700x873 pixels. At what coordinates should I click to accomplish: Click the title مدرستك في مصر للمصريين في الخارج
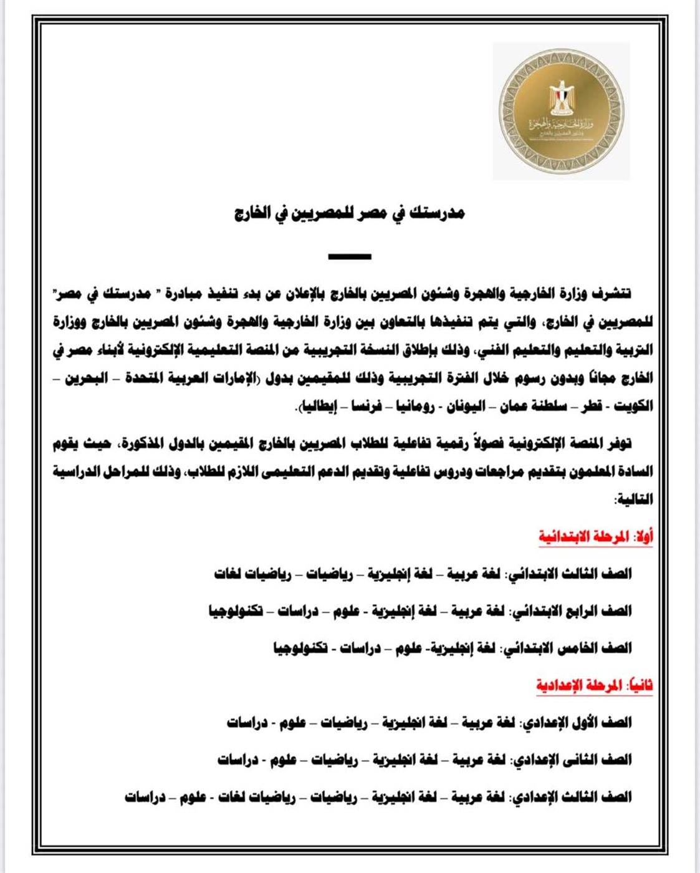350,213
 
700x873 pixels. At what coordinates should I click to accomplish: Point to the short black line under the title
350,256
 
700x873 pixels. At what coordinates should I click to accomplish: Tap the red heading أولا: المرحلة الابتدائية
595,537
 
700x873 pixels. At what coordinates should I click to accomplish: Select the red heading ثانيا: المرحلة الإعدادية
594,685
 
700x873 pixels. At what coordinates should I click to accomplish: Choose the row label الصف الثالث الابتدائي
572,574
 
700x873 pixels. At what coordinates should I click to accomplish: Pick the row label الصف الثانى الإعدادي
573,760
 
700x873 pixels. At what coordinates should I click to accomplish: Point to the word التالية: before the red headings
633,499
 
